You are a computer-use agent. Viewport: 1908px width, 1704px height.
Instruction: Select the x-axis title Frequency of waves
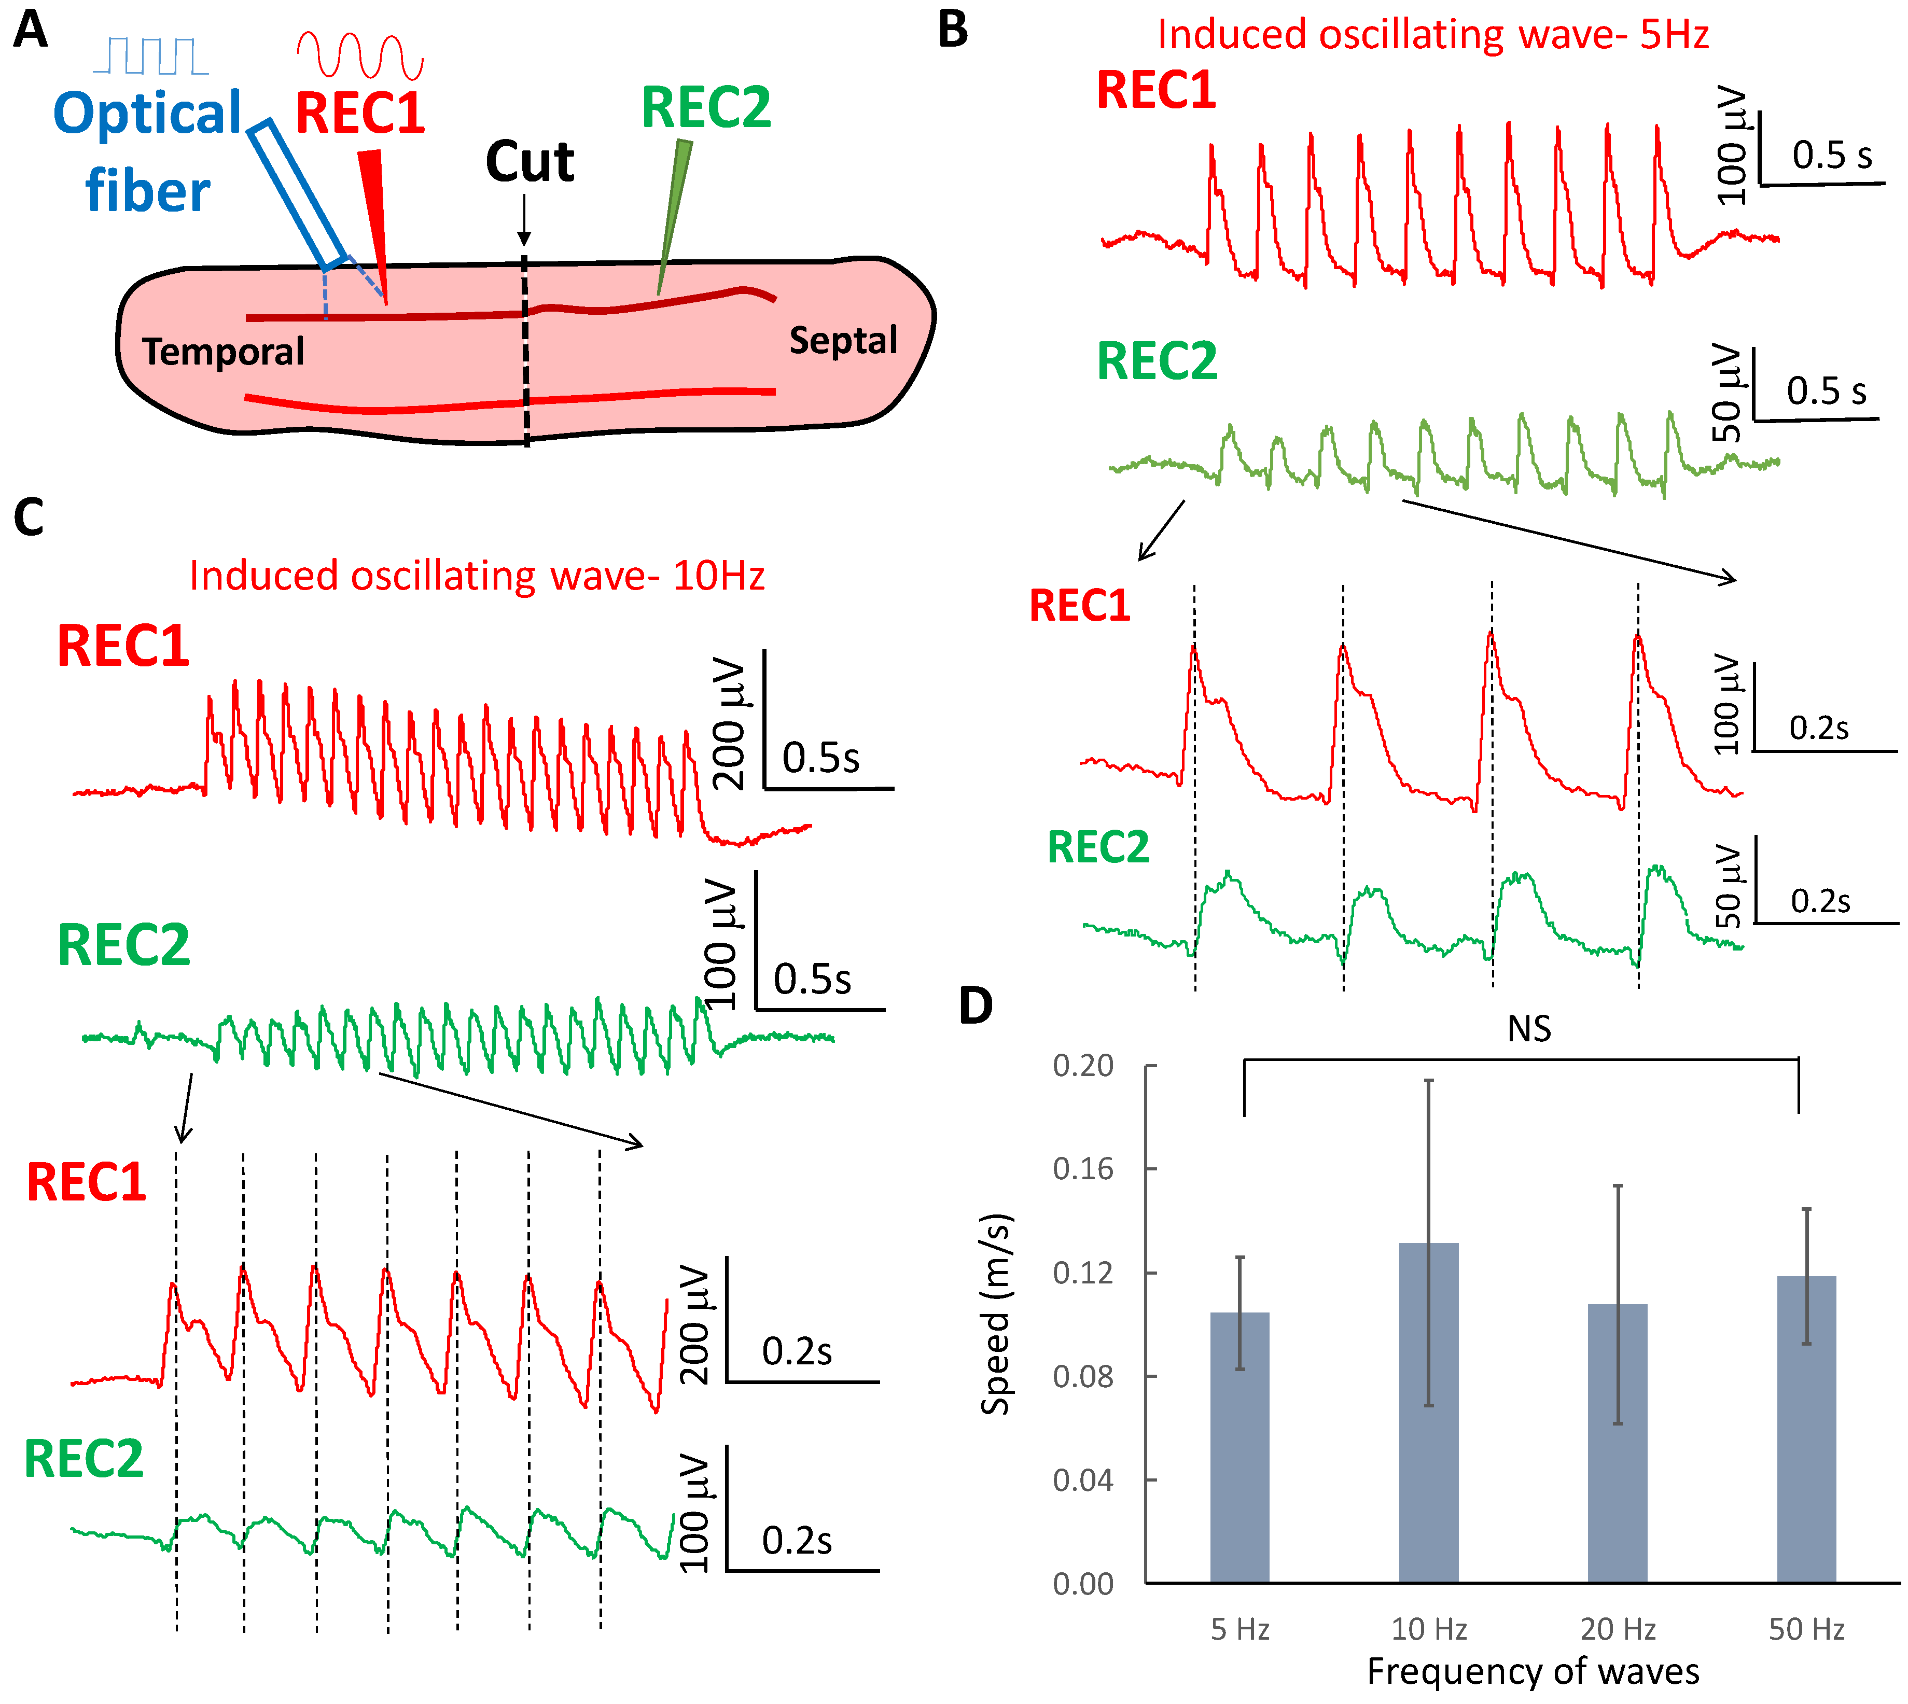[x=1533, y=1671]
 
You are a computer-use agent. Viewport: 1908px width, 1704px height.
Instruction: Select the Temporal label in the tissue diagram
[x=223, y=352]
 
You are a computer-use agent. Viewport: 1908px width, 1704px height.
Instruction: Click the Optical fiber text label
[x=148, y=151]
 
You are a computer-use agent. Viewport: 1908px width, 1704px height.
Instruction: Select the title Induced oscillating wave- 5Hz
[x=1432, y=35]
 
